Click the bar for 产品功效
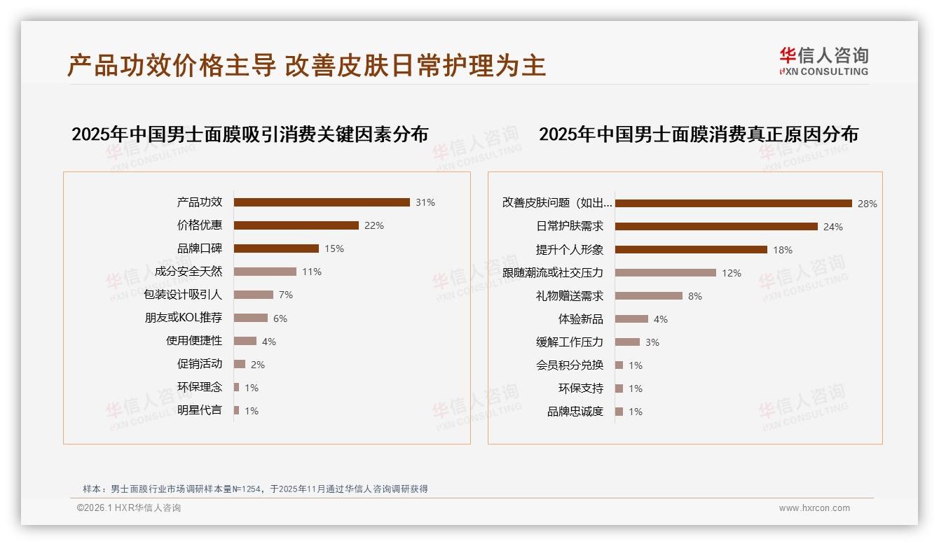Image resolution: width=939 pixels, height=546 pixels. click(322, 202)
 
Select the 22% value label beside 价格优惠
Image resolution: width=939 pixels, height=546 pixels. click(374, 225)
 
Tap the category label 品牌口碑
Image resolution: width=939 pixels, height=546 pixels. click(200, 248)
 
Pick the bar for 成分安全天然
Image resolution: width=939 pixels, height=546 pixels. click(265, 272)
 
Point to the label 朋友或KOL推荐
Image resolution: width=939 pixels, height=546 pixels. click(184, 318)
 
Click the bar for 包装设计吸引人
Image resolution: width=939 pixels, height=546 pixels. click(254, 295)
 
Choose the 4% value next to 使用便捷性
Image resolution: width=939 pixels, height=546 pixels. click(269, 342)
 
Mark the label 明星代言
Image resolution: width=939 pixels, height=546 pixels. click(200, 410)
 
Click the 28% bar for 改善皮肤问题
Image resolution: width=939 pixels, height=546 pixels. click(733, 204)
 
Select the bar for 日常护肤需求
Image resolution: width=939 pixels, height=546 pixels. click(716, 227)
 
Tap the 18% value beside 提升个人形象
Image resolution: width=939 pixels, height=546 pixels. click(783, 250)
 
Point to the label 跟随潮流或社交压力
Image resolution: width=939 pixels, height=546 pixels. click(553, 273)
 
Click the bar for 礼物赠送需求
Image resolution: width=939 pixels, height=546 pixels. click(649, 296)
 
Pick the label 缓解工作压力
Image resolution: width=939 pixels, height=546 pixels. click(570, 342)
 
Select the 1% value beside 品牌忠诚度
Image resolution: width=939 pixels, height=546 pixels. click(636, 412)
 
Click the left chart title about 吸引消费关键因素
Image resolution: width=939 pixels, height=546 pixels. click(249, 134)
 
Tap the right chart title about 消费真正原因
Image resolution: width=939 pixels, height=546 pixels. click(698, 134)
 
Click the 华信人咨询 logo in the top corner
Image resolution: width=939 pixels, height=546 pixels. click(824, 62)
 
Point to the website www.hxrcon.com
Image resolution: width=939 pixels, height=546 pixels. click(814, 508)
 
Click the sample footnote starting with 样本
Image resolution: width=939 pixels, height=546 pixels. click(255, 489)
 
